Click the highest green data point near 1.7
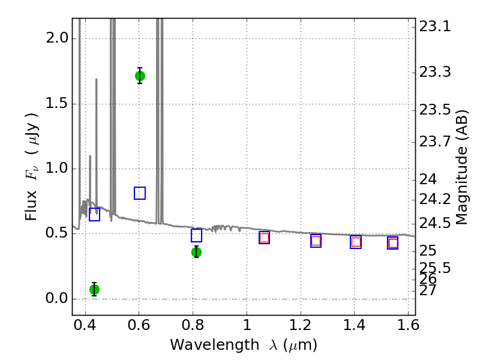click(140, 76)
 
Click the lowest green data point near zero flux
click(94, 289)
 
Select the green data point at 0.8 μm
click(196, 252)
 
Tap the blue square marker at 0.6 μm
click(140, 193)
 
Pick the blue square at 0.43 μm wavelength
click(94, 215)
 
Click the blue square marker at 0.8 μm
click(196, 236)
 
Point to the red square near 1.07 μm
click(264, 238)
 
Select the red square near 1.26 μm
click(316, 241)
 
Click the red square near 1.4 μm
click(356, 242)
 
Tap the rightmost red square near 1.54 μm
click(393, 243)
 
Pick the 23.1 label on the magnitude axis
click(434, 27)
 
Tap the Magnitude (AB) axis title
click(462, 167)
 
